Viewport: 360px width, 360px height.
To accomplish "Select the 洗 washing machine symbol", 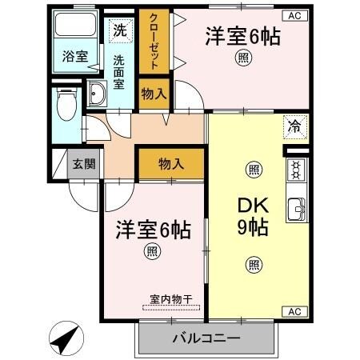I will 118,31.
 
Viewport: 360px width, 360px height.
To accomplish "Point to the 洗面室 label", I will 118,71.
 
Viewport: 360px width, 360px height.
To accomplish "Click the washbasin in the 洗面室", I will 98,94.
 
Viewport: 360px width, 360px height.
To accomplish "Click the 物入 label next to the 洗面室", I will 153,94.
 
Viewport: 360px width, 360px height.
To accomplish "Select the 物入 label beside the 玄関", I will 170,164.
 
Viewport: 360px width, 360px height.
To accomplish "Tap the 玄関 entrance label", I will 83,165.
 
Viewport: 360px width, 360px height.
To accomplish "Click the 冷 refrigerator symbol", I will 294,126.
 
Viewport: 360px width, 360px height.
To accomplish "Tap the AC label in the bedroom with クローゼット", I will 294,15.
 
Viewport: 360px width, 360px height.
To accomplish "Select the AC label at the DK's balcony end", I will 293,311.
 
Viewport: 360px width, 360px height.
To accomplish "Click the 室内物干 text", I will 170,299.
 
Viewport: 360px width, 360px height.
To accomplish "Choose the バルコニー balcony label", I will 206,338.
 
